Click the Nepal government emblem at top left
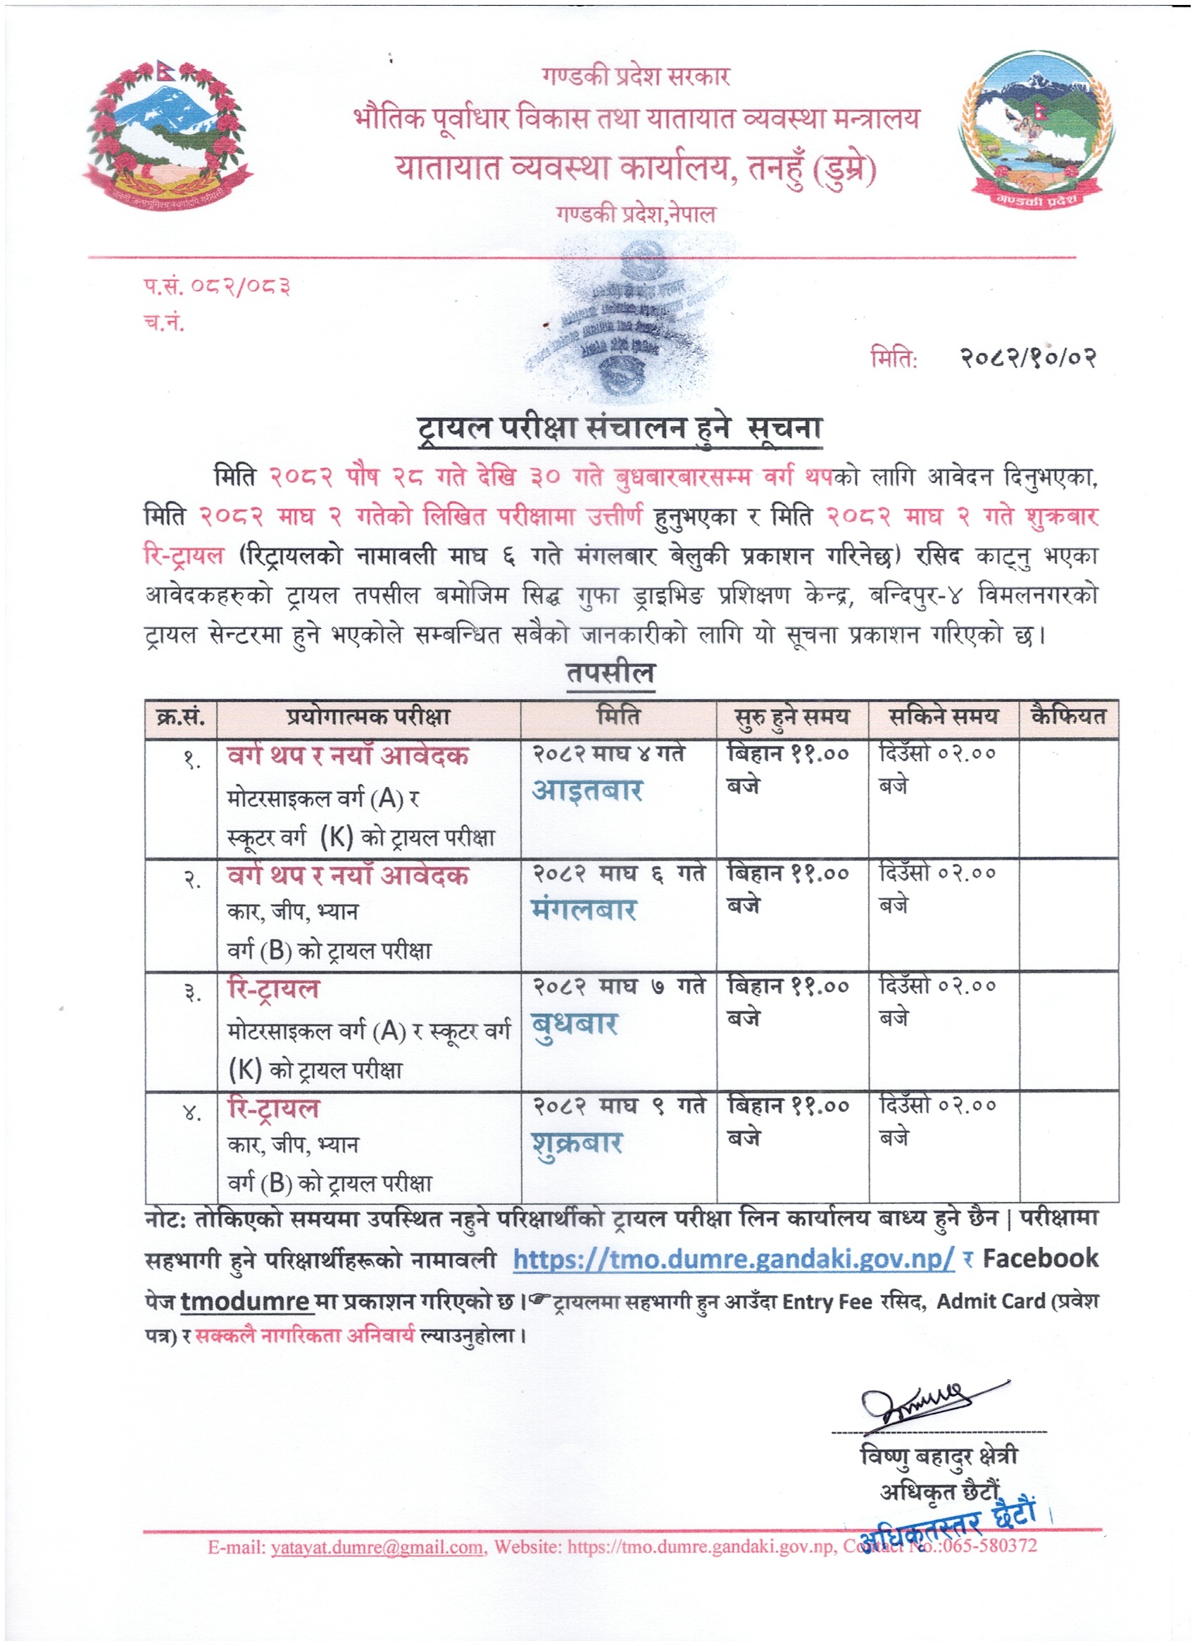coord(166,136)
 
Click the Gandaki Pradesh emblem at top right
coord(1036,131)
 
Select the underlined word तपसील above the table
coord(610,673)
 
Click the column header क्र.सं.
coord(181,718)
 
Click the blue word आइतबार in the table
coord(587,791)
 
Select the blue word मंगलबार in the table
coord(584,910)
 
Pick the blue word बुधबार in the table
coord(574,1024)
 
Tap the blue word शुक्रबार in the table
coord(577,1144)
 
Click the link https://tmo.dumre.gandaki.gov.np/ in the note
coord(733,1259)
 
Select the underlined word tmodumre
coord(245,1301)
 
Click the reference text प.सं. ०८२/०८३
coord(216,287)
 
